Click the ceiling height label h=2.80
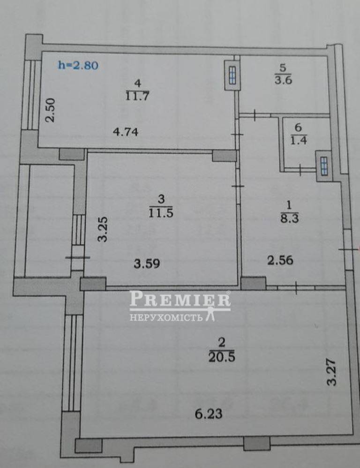pyautogui.click(x=78, y=65)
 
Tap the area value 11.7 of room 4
pyautogui.click(x=137, y=96)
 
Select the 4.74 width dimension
pyautogui.click(x=126, y=131)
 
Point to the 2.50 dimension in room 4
pyautogui.click(x=51, y=110)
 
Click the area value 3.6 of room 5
pyautogui.click(x=283, y=80)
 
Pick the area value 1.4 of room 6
pyautogui.click(x=299, y=140)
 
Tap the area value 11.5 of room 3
pyautogui.click(x=161, y=213)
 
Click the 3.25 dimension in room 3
pyautogui.click(x=103, y=229)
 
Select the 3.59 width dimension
pyautogui.click(x=147, y=264)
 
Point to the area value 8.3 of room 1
pyautogui.click(x=289, y=219)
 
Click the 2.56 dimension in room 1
pyautogui.click(x=280, y=261)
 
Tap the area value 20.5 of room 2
pyautogui.click(x=222, y=357)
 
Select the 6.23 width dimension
pyautogui.click(x=209, y=414)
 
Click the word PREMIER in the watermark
pyautogui.click(x=180, y=299)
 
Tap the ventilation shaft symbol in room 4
pyautogui.click(x=232, y=75)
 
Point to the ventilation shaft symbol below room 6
pyautogui.click(x=324, y=166)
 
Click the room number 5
pyautogui.click(x=283, y=68)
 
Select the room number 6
pyautogui.click(x=298, y=128)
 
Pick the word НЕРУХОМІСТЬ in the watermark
pyautogui.click(x=166, y=317)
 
